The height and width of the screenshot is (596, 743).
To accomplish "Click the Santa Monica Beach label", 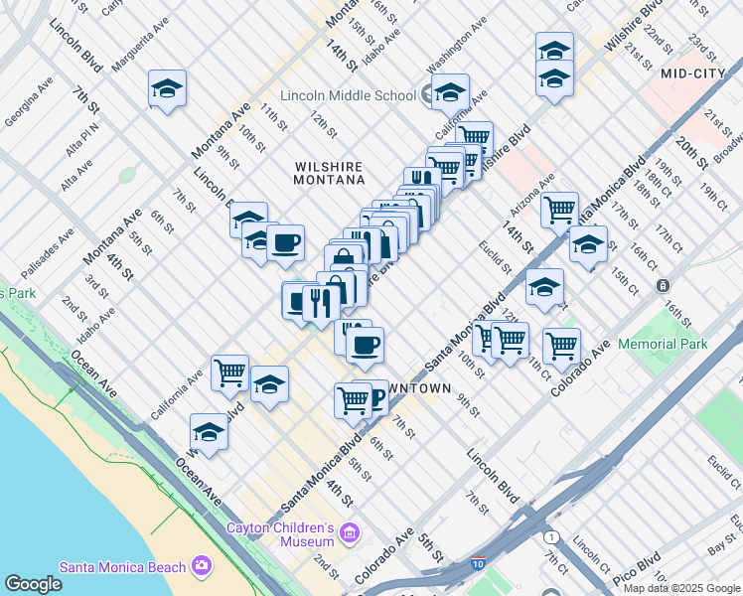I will pyautogui.click(x=122, y=567).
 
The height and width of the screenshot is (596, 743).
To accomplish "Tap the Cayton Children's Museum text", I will pyautogui.click(x=281, y=534).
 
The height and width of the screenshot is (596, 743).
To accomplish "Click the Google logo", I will pyautogui.click(x=33, y=584).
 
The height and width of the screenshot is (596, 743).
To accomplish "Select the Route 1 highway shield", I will pyautogui.click(x=551, y=536).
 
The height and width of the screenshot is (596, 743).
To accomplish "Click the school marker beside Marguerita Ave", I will pyautogui.click(x=168, y=88).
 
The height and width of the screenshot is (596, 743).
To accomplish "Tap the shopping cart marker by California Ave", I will pyautogui.click(x=229, y=372).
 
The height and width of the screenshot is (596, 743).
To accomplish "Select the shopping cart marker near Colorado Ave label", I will pyautogui.click(x=561, y=346).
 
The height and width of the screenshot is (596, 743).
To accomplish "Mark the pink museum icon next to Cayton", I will pyautogui.click(x=348, y=534).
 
